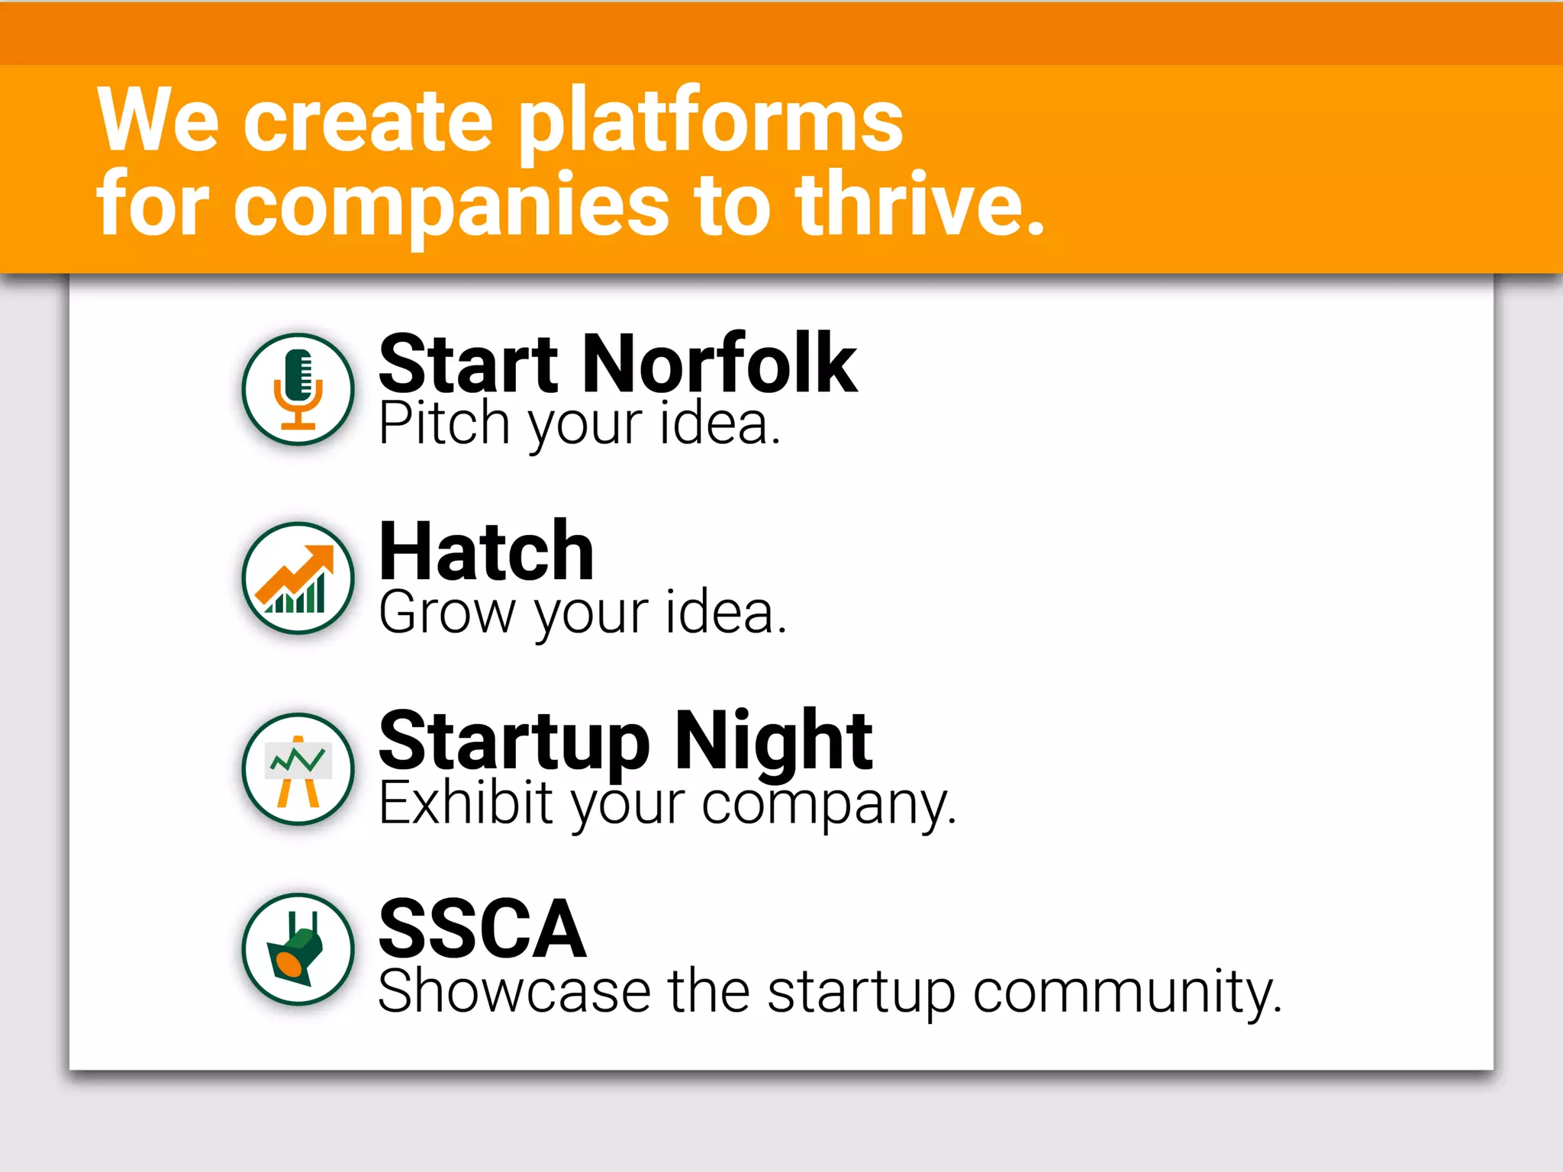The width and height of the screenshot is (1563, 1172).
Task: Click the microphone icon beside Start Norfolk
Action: (x=298, y=389)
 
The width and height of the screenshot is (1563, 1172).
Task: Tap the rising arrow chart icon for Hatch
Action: (x=298, y=578)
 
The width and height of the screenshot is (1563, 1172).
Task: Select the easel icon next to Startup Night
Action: (x=298, y=769)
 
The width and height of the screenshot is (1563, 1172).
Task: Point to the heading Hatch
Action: (x=486, y=552)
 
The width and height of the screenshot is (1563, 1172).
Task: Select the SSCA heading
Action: (x=482, y=929)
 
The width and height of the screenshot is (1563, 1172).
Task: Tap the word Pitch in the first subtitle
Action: (x=444, y=423)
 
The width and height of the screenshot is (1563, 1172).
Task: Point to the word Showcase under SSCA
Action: (x=514, y=991)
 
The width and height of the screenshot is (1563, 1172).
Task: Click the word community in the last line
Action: (x=1126, y=993)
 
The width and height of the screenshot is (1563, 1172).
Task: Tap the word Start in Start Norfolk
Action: (x=469, y=365)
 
